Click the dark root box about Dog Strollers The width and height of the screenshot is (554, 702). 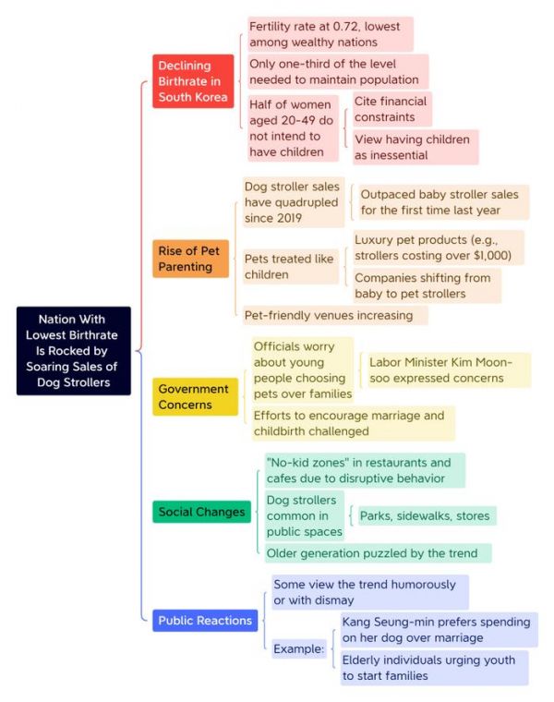74,351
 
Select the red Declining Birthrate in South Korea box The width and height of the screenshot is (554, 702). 193,81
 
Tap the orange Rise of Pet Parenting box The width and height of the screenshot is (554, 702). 190,259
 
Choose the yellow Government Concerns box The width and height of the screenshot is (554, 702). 195,396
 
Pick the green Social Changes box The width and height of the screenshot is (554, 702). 201,512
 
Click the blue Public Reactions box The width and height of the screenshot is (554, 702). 205,621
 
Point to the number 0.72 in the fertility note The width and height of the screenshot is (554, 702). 345,27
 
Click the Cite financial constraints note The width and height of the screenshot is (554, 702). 392,109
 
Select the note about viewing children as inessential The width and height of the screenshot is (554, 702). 415,147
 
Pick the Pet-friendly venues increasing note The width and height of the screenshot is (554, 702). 335,315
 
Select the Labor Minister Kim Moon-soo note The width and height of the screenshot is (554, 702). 450,370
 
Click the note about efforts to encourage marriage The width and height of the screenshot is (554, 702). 354,424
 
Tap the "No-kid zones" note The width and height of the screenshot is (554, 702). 365,470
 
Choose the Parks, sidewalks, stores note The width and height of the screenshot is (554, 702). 428,515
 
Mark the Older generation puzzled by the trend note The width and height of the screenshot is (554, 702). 379,553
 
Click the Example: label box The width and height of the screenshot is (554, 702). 299,648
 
